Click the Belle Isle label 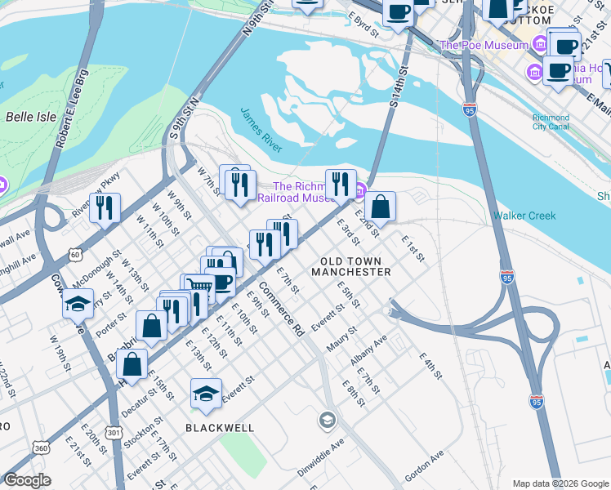[31, 117]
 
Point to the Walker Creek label [524, 216]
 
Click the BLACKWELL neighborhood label [220, 427]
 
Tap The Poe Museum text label [484, 46]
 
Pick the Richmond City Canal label [551, 122]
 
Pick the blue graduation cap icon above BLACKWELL [206, 394]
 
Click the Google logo [28, 480]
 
